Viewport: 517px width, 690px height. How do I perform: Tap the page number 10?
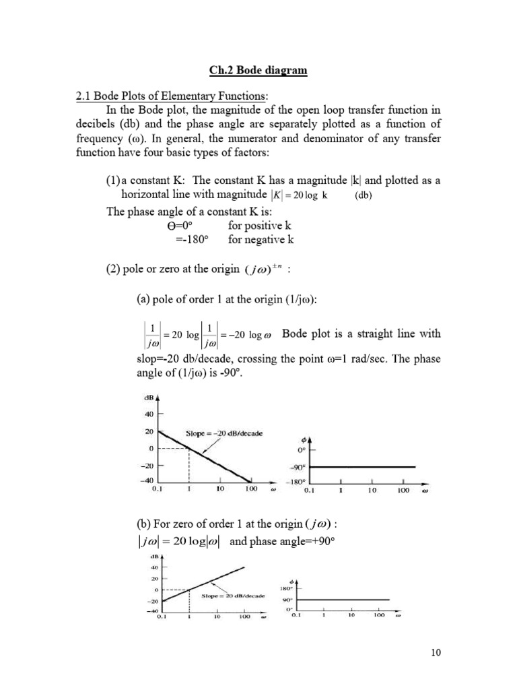pos(431,652)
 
